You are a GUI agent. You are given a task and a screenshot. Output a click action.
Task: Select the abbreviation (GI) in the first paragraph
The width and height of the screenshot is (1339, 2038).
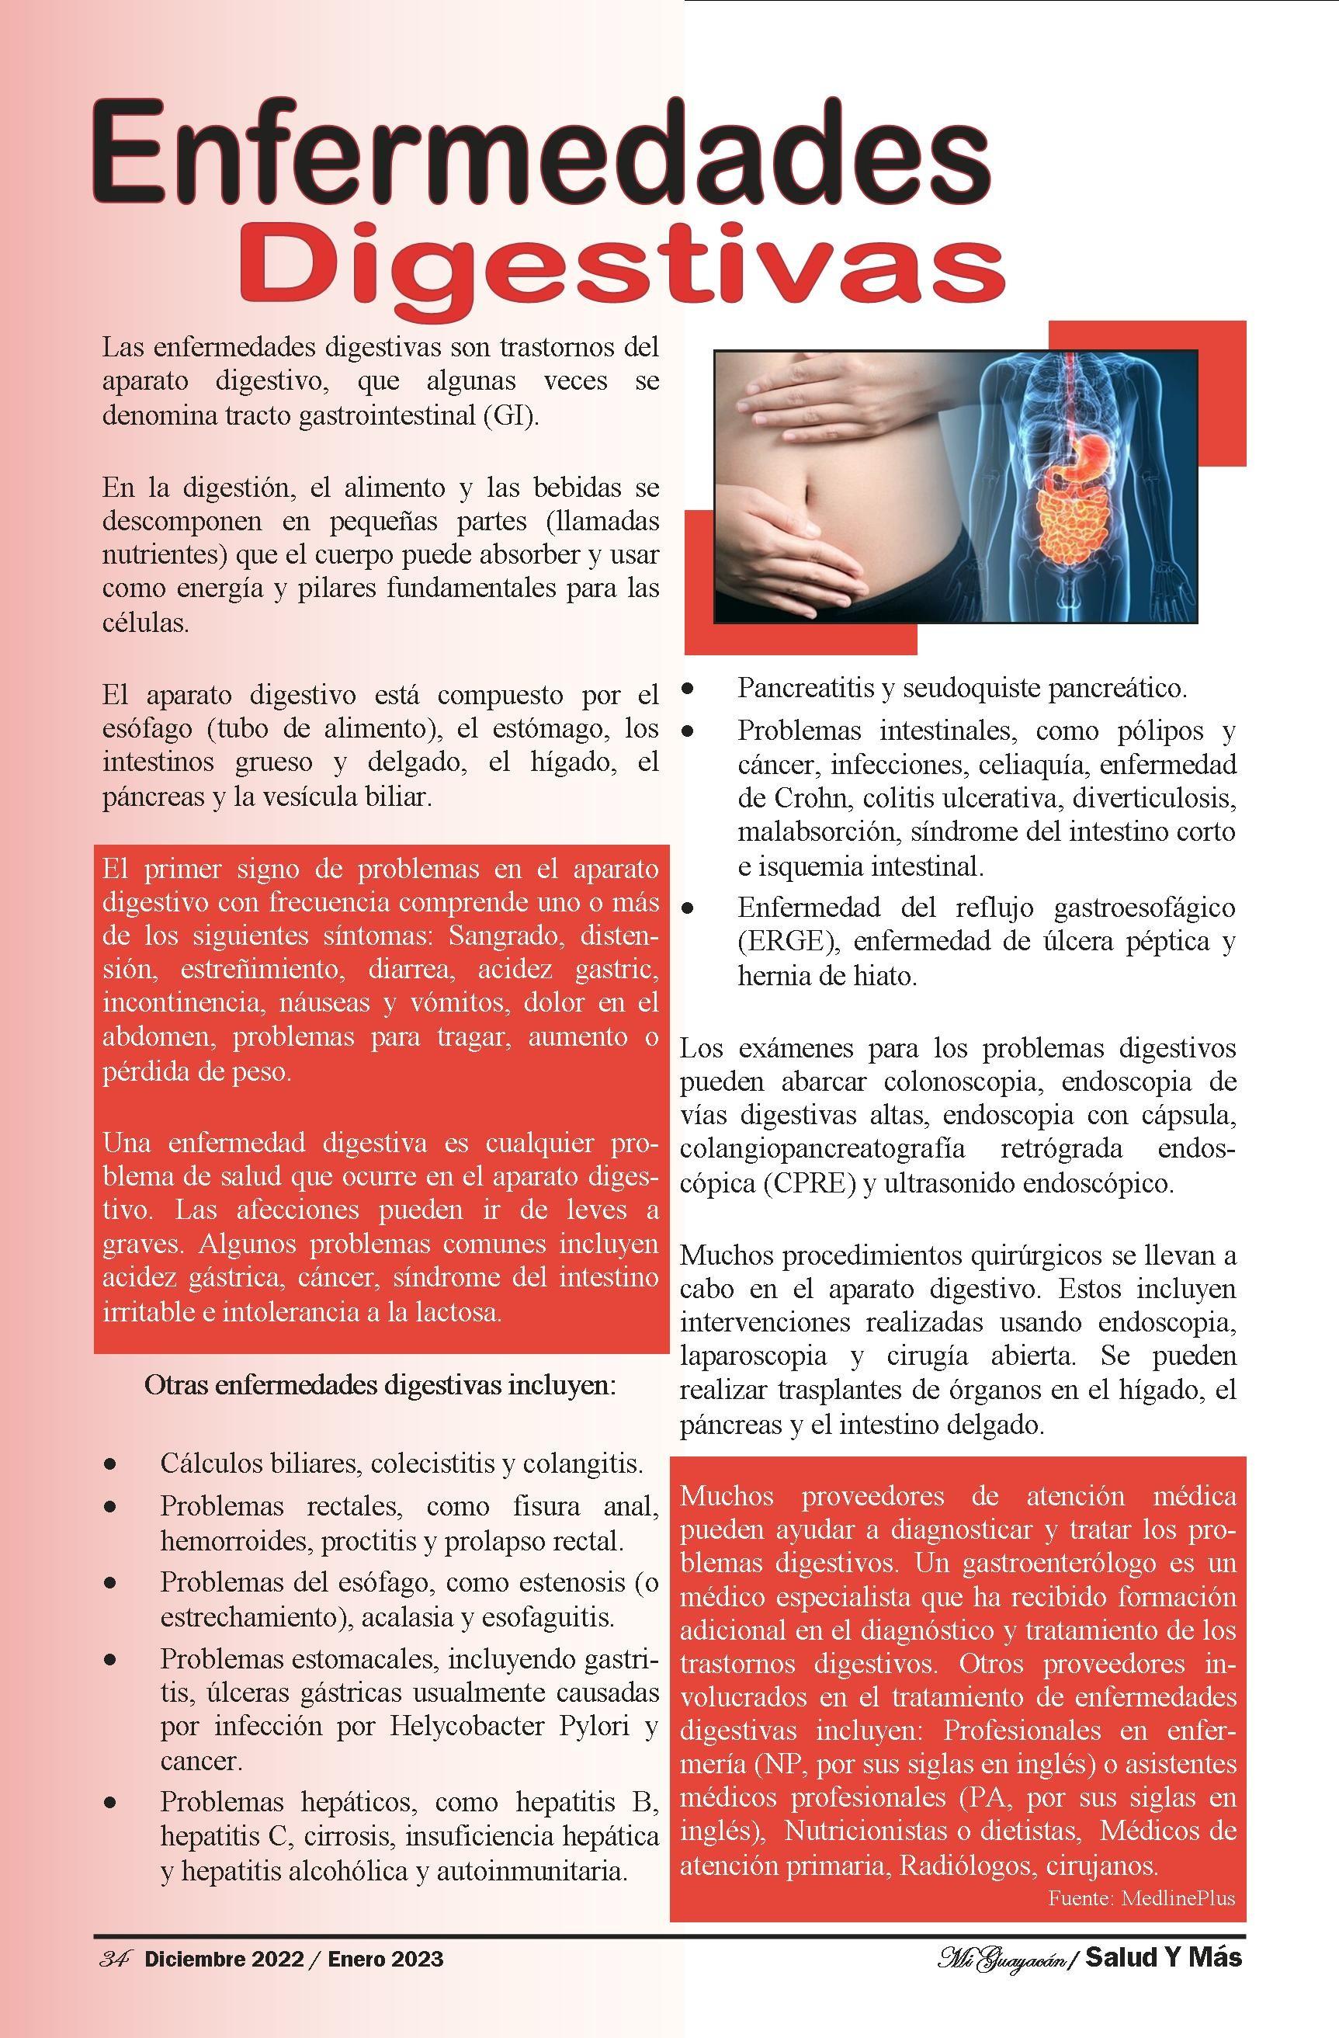point(509,416)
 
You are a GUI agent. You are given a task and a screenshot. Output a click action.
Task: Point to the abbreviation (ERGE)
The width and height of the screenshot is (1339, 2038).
point(787,942)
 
